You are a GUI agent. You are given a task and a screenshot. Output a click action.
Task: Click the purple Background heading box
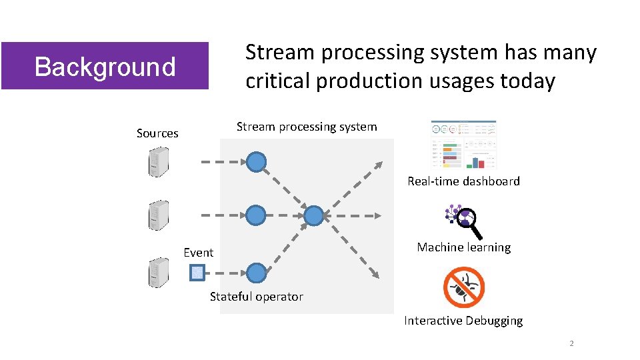click(105, 66)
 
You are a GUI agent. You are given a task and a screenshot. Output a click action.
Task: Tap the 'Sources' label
click(157, 133)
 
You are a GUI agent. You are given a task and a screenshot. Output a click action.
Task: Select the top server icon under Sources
click(158, 161)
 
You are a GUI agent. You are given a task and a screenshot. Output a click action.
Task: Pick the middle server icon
click(158, 215)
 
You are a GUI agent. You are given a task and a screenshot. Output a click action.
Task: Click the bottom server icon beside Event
click(158, 272)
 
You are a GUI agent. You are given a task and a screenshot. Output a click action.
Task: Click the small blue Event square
click(197, 272)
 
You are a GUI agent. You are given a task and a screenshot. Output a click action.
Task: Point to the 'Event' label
click(199, 253)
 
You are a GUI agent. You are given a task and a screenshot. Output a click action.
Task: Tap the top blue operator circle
click(256, 161)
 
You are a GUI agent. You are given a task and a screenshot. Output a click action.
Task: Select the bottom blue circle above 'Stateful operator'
click(256, 272)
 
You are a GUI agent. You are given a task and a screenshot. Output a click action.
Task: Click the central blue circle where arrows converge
click(313, 215)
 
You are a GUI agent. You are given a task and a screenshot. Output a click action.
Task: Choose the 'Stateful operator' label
click(257, 297)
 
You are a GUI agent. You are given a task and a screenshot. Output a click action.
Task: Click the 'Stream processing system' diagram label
click(307, 127)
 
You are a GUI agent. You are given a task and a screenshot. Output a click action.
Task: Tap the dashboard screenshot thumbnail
click(463, 145)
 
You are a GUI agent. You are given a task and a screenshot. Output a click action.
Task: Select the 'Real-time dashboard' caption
click(463, 181)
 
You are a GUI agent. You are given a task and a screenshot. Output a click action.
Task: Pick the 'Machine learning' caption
click(463, 247)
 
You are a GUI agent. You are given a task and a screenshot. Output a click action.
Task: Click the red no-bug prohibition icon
click(464, 287)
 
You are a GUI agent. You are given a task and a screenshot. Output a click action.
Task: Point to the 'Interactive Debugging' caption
click(463, 321)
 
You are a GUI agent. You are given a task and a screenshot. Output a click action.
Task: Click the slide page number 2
click(571, 344)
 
